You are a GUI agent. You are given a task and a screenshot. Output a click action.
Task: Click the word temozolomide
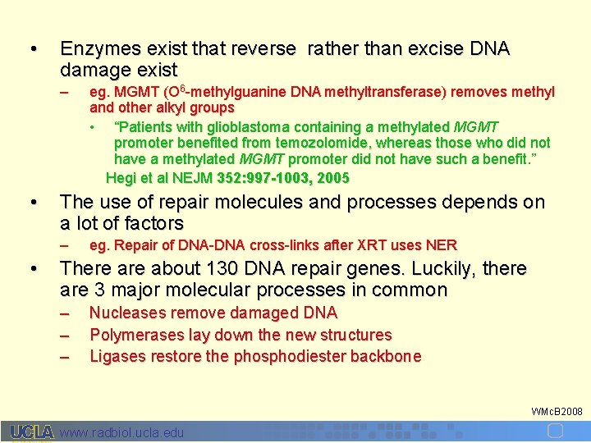coord(329,143)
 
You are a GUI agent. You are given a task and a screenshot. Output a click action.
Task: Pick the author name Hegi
coord(121,177)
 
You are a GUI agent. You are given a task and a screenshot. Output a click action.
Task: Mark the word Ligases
coord(115,356)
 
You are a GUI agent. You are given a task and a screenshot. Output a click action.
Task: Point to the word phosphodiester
coord(291,356)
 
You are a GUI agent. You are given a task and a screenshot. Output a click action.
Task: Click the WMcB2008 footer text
coord(557,411)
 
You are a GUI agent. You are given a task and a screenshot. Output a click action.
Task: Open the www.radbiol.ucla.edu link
coord(122,432)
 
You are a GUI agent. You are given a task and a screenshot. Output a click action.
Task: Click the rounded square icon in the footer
coord(555,432)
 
